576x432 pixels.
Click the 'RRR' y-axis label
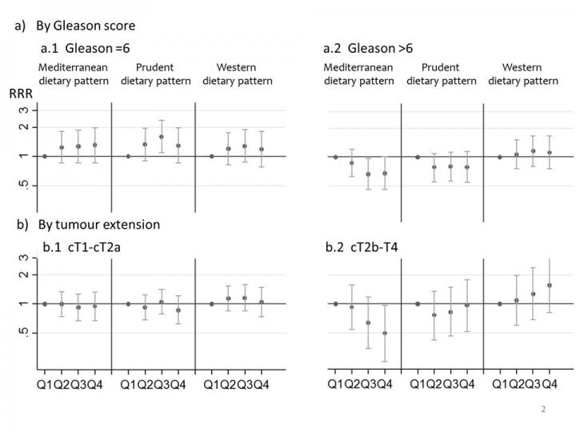20,94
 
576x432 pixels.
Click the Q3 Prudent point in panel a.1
162,137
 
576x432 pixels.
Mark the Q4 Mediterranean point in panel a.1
95,145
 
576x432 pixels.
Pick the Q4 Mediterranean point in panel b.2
385,333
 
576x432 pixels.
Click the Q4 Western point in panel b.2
550,285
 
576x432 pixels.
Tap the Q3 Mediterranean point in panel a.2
368,174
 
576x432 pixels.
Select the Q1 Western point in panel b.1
211,304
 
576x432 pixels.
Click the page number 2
543,409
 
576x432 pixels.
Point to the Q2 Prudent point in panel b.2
434,314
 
